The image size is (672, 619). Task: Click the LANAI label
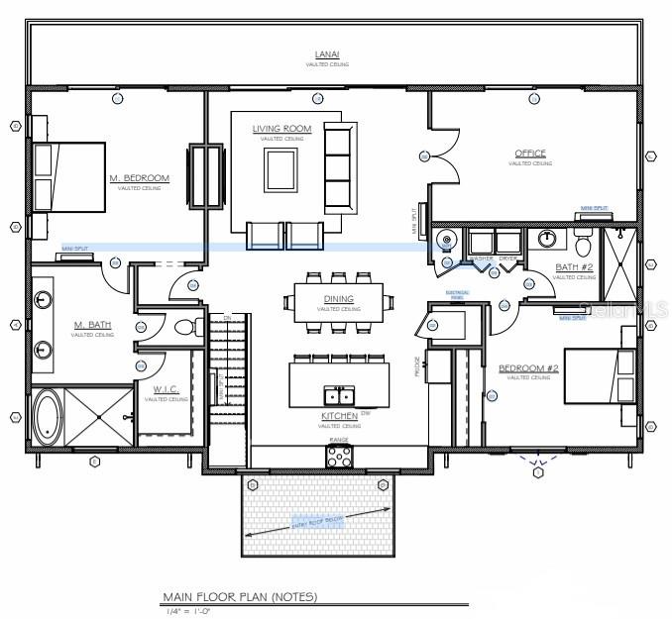326,55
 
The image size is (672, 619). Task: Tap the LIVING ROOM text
281,129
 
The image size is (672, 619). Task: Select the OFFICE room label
530,154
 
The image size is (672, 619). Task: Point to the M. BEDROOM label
139,178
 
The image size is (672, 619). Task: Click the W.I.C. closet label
165,389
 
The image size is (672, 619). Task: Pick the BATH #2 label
572,268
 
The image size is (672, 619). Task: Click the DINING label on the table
338,298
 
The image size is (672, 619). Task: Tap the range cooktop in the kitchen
339,456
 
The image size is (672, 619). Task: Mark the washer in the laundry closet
482,244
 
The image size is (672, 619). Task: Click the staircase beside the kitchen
226,386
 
